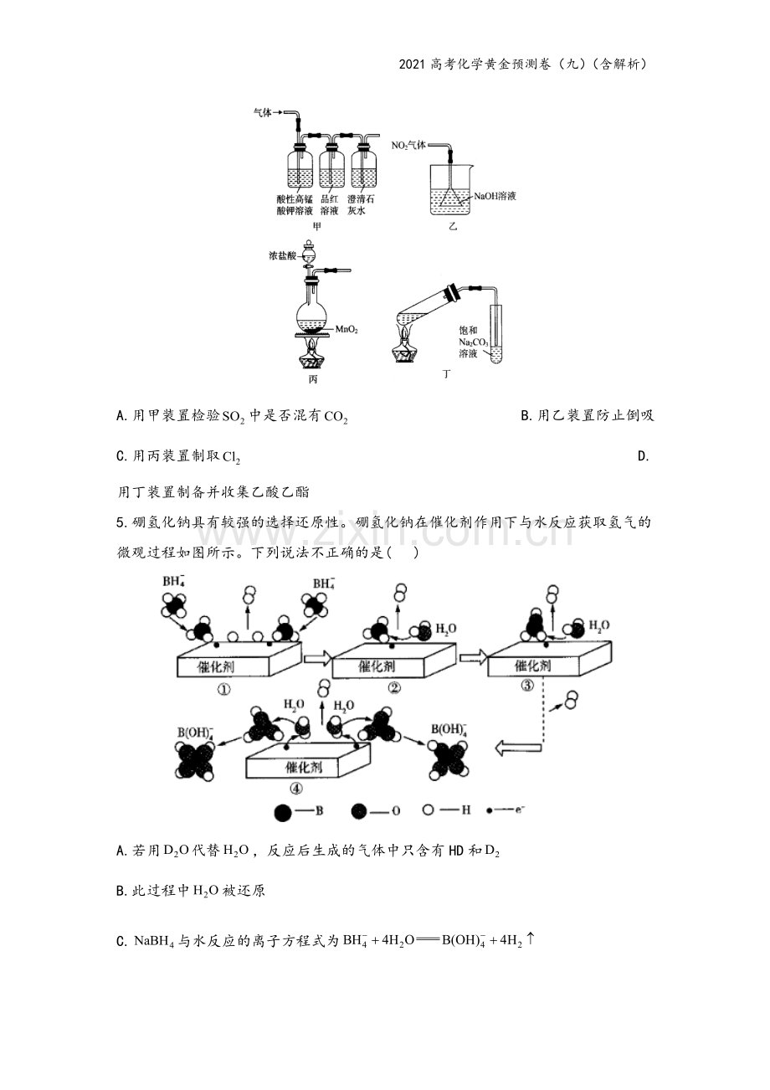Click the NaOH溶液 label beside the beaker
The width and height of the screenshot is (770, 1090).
[495, 196]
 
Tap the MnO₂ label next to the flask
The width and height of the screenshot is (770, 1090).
[346, 330]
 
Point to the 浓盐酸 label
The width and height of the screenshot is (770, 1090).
[282, 255]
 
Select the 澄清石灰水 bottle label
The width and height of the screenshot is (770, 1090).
[361, 205]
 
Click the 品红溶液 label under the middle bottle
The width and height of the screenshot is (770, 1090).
[329, 205]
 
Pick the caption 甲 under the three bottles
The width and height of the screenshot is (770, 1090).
[316, 227]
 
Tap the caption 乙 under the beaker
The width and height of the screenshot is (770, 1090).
[453, 226]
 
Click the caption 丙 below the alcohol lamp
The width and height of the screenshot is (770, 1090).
[313, 379]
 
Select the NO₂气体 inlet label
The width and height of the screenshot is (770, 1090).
[408, 145]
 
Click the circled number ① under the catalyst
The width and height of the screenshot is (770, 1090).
[223, 690]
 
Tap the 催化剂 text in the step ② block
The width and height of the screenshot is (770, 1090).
[377, 666]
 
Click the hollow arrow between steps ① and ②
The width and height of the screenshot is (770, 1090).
[318, 658]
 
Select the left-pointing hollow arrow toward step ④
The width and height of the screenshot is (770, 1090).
[518, 748]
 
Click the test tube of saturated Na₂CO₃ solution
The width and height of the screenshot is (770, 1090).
[496, 333]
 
